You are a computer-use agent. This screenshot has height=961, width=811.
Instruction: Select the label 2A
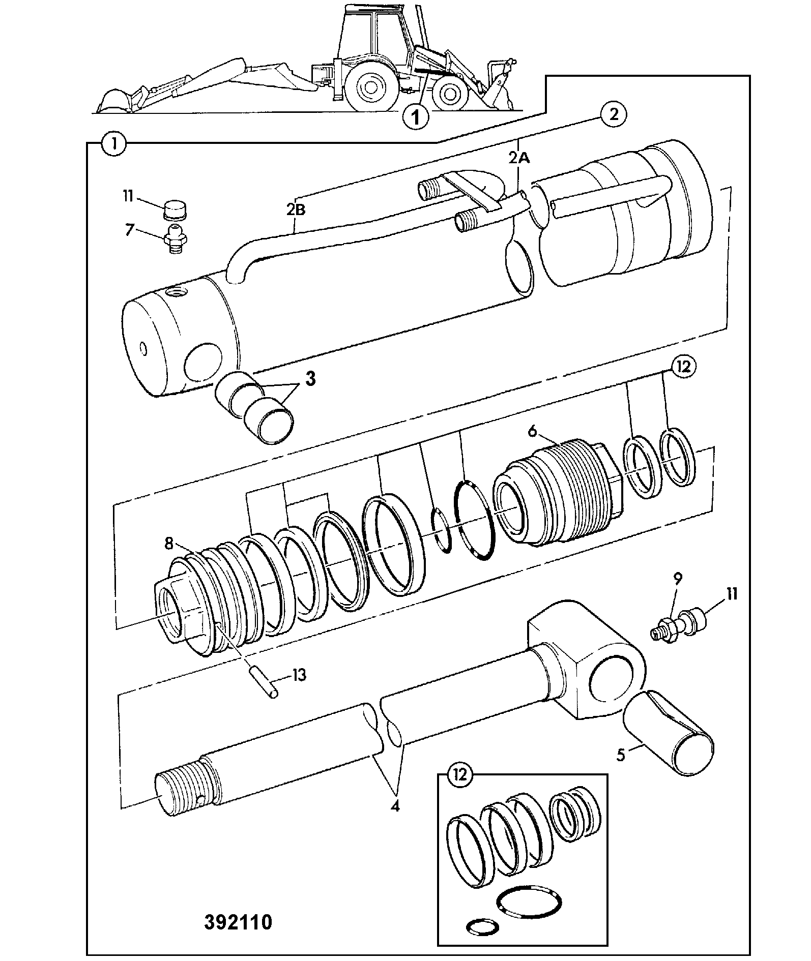[519, 158]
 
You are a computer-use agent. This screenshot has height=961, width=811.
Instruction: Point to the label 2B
[295, 209]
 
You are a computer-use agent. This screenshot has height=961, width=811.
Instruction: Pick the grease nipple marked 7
[176, 238]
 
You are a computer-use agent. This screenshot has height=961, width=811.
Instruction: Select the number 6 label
[532, 431]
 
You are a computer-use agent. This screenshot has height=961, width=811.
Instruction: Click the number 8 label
[168, 544]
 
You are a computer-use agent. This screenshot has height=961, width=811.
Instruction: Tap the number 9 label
[678, 578]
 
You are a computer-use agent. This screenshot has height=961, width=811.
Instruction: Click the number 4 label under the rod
[395, 806]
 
